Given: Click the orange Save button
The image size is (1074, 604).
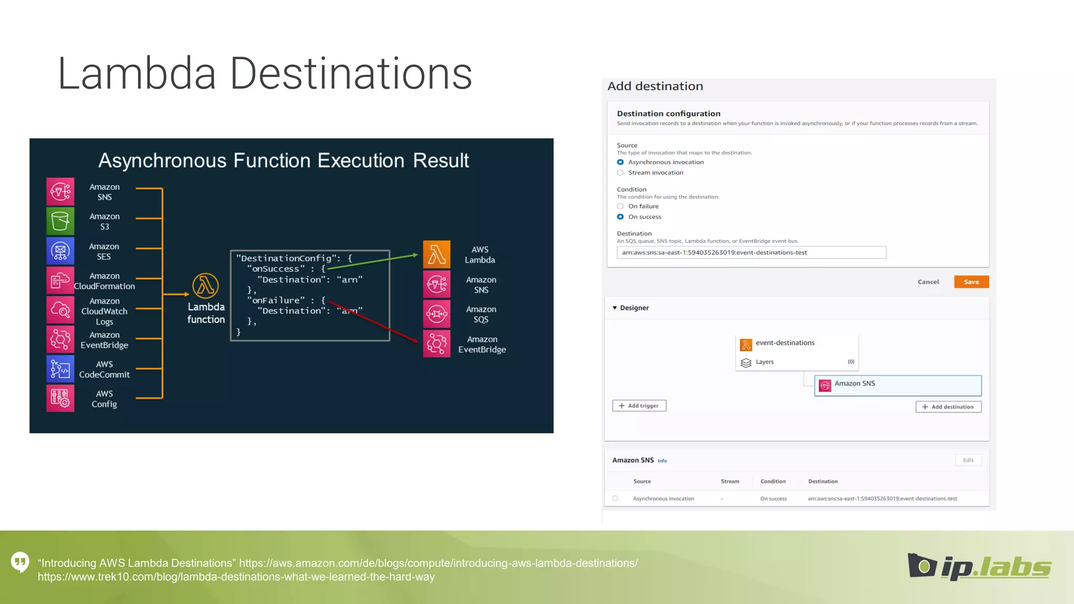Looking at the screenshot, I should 971,282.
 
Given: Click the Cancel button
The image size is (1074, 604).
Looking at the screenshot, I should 928,282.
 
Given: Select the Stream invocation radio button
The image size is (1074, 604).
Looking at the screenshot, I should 620,172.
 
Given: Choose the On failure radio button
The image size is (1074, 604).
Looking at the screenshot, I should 620,206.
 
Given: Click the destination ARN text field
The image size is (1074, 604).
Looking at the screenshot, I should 751,252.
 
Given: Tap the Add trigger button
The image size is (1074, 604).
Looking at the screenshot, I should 639,406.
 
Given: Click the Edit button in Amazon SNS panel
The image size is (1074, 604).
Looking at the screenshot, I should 968,460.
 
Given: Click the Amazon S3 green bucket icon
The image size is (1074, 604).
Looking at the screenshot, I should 60,221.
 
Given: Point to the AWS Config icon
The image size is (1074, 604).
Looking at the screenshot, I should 60,398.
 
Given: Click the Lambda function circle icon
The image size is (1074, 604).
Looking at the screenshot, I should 206,286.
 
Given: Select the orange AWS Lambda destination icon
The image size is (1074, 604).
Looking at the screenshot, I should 436,254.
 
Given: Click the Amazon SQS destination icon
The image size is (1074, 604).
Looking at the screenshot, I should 436,314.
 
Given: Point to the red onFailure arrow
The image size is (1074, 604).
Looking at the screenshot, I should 378,322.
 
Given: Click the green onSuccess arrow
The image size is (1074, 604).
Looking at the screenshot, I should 372,262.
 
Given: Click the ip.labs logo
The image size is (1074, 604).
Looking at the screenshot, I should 979,567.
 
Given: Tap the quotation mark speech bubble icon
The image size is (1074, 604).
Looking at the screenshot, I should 20,562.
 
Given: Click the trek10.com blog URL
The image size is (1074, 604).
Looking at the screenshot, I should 236,577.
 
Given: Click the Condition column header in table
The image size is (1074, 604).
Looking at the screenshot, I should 773,481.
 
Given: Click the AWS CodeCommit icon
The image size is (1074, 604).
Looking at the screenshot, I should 60,369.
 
